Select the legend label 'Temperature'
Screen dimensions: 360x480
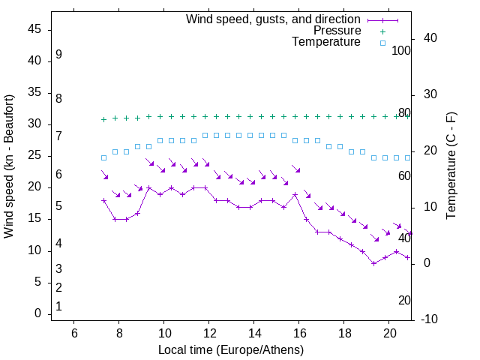point(326,42)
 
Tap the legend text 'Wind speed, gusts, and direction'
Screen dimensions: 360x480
point(274,19)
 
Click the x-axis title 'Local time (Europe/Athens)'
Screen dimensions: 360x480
point(231,350)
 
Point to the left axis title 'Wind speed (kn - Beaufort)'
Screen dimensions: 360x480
point(9,167)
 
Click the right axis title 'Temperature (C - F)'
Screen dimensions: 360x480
point(451,166)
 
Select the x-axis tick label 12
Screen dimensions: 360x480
point(209,334)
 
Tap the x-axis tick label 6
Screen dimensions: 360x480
point(74,334)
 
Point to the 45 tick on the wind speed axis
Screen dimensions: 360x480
point(34,29)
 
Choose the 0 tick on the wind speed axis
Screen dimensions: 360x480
point(37,314)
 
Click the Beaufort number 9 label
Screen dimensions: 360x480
point(58,55)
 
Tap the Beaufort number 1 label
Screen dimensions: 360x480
point(58,307)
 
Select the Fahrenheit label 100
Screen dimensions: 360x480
point(402,51)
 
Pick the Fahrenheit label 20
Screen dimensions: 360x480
point(404,301)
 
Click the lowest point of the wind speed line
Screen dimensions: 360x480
point(373,263)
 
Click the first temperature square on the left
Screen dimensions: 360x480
point(104,157)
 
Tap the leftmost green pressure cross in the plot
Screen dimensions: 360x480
point(104,119)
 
